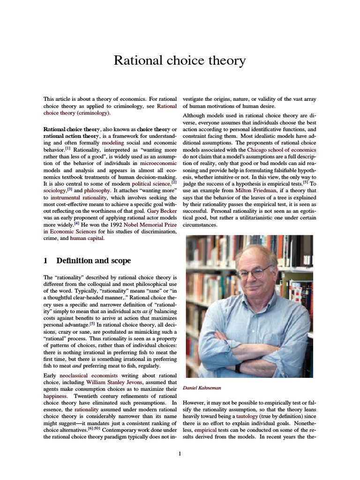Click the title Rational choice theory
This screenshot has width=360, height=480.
[x=180, y=60]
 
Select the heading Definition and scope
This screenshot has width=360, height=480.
[x=93, y=260]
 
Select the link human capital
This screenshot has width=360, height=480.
[x=87, y=238]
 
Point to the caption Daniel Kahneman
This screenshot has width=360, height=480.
[x=202, y=388]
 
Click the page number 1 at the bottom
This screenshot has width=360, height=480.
[x=180, y=453]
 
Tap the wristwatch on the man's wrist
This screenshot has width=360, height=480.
[x=238, y=367]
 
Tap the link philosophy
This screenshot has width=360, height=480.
[x=97, y=191]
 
